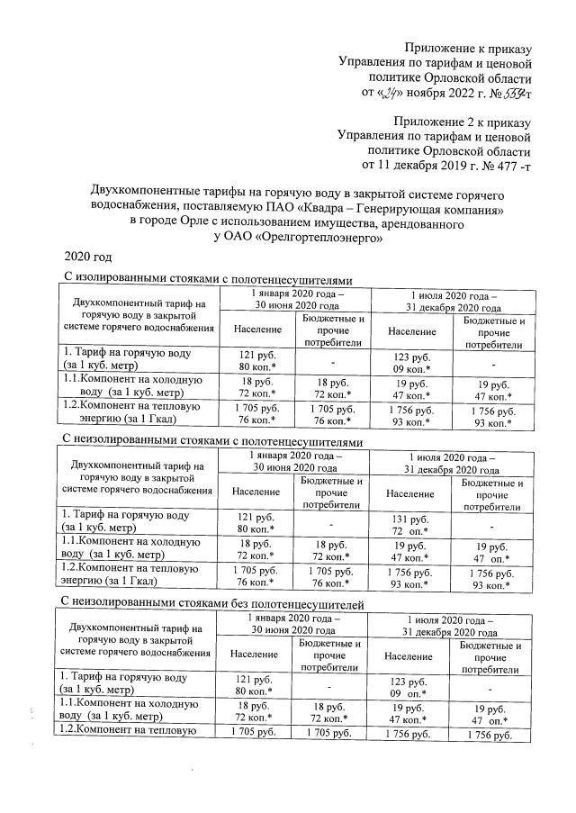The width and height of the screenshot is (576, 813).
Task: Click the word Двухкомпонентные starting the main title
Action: pyautogui.click(x=145, y=192)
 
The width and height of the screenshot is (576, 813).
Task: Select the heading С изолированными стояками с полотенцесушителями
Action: pyautogui.click(x=205, y=280)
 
